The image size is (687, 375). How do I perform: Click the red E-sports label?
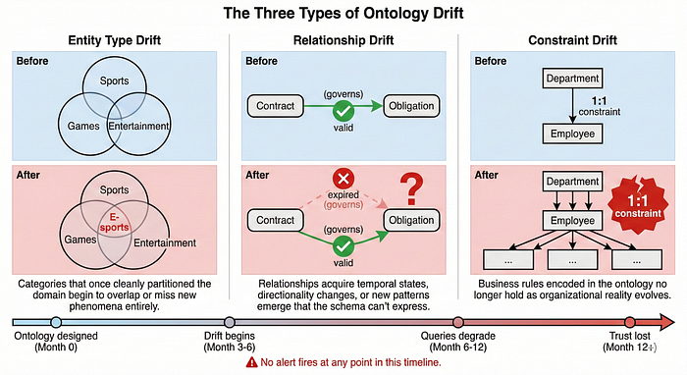[114, 222]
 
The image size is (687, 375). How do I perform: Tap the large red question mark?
[411, 188]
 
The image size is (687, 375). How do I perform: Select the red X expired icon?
[343, 179]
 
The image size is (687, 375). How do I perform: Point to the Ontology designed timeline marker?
[56, 322]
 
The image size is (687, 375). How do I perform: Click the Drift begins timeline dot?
[230, 322]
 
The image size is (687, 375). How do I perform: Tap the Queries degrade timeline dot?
[458, 322]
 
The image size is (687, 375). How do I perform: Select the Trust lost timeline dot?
[630, 322]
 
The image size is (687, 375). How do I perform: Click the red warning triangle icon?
[251, 362]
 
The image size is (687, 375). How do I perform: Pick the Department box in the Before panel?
[572, 79]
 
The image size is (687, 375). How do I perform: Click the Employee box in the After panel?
[572, 220]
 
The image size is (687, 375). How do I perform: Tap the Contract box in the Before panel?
[276, 106]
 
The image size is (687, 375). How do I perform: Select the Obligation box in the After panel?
[411, 220]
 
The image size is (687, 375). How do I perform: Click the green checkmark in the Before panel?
[343, 111]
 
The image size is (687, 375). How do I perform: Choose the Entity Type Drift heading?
[115, 40]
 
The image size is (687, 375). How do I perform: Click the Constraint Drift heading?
[572, 40]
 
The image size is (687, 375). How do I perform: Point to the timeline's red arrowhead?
[666, 322]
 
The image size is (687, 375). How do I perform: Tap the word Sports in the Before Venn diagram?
[115, 80]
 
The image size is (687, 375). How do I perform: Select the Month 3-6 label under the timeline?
[230, 348]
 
